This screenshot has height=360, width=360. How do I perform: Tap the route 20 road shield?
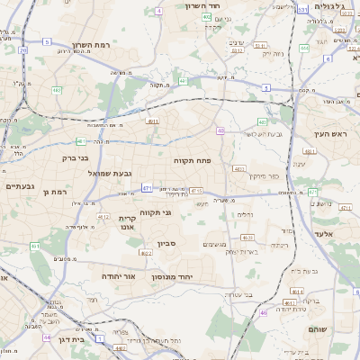pyautogui.click(x=22, y=52)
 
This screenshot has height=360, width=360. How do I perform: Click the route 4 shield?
pyautogui.click(x=158, y=11)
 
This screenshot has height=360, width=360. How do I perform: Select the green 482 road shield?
pyautogui.click(x=57, y=90)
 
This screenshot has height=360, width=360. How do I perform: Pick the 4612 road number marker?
pyautogui.click(x=103, y=217)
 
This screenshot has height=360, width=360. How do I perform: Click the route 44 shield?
pyautogui.click(x=46, y=337)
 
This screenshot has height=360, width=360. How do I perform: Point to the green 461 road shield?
pyautogui.click(x=34, y=246)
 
